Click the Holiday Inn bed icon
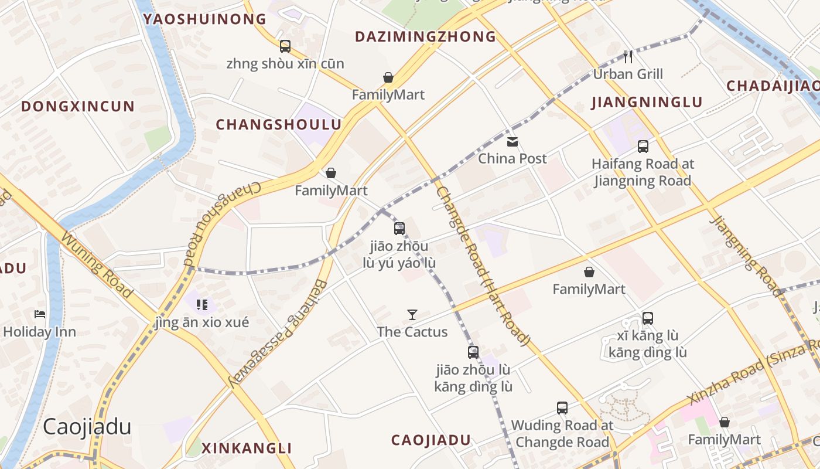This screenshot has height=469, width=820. click(x=40, y=314)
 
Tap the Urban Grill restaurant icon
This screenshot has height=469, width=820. click(x=628, y=57)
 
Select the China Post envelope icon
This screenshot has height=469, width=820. click(x=512, y=141)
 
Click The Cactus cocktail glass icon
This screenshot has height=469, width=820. click(x=412, y=315)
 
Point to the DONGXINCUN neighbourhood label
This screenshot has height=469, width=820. click(x=78, y=107)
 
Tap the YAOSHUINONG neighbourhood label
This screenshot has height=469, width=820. click(x=205, y=19)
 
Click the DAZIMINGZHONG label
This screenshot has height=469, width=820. click(x=426, y=37)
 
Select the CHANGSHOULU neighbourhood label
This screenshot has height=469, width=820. click(x=279, y=124)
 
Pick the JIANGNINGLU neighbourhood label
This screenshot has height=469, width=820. click(x=647, y=103)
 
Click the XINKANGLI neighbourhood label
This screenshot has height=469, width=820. click(x=247, y=448)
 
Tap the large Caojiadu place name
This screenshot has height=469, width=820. click(x=87, y=427)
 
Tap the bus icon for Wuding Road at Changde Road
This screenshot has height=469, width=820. click(x=562, y=407)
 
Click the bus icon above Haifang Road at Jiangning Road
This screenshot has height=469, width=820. click(x=643, y=147)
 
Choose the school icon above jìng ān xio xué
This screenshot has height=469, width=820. click(x=202, y=304)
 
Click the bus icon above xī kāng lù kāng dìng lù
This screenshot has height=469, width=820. click(x=648, y=318)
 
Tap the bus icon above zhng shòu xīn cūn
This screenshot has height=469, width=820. click(x=285, y=46)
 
